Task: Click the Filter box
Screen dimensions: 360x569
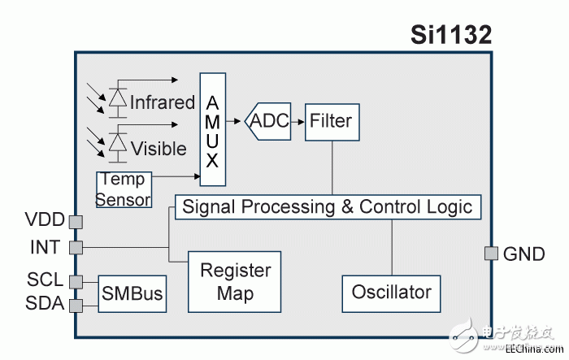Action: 331,121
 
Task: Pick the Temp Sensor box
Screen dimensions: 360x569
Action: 124,190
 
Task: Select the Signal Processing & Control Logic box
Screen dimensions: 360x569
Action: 328,206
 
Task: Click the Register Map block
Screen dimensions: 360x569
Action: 235,281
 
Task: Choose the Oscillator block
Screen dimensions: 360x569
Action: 391,291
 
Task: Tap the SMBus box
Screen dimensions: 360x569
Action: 132,293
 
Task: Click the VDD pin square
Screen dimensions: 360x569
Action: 76,221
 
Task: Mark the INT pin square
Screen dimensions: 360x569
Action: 76,247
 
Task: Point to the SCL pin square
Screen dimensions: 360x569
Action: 76,281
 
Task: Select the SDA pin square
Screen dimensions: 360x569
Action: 76,306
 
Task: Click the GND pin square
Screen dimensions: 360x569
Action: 491,254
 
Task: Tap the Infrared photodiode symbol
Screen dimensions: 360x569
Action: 119,98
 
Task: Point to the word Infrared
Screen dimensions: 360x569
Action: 163,102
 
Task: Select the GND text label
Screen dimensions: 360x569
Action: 525,254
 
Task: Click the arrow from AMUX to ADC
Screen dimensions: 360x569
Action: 237,121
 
